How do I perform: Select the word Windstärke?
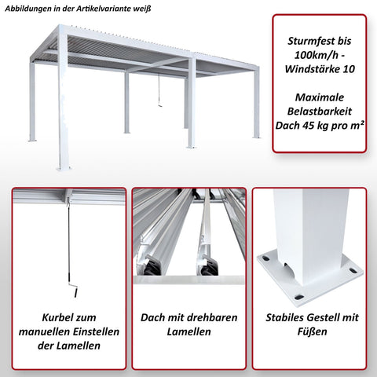click(x=312, y=70)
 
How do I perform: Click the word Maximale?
click(x=319, y=94)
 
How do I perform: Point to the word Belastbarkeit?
click(x=319, y=109)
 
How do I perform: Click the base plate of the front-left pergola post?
click(x=64, y=167)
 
